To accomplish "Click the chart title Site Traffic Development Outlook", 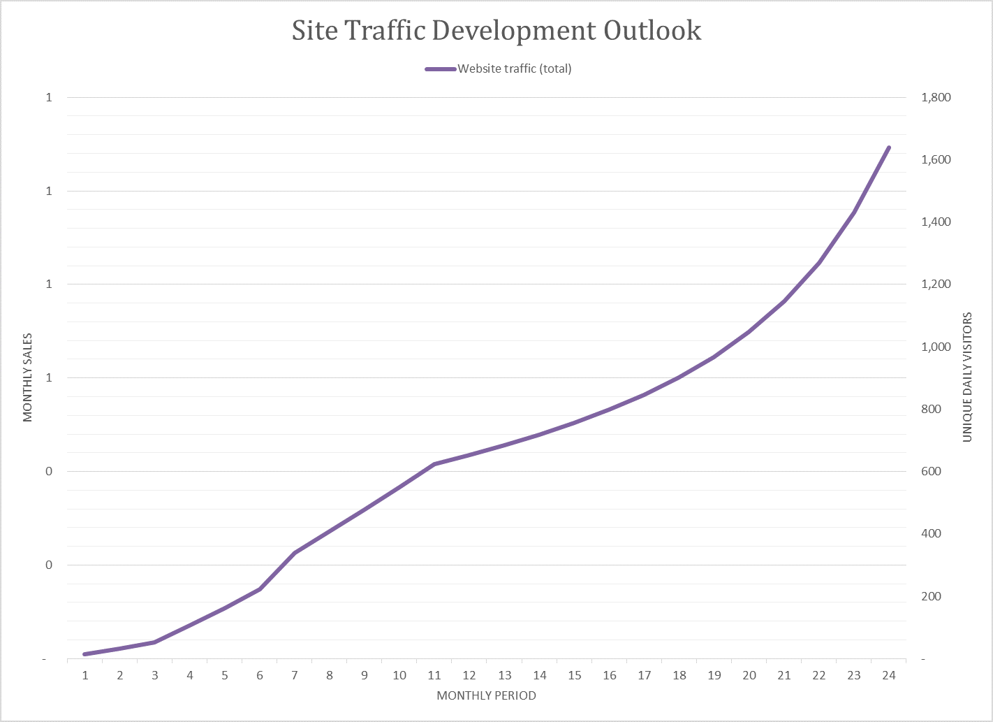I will click(x=496, y=31).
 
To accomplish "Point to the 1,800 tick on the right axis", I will click(x=936, y=97).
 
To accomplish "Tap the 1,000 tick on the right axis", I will click(x=936, y=347).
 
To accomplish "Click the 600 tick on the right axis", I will click(x=931, y=471).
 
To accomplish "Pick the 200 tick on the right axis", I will click(x=931, y=596).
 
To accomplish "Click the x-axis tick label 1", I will click(x=85, y=675).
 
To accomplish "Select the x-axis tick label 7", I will click(x=295, y=675).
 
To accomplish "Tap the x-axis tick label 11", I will click(x=434, y=675).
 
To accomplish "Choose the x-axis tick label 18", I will click(x=679, y=675).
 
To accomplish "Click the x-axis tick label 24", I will click(x=888, y=675).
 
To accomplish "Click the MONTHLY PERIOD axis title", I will click(x=486, y=695).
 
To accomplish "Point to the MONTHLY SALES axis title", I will click(x=28, y=378).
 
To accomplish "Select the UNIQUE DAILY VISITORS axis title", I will click(x=967, y=377).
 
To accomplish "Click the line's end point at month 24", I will click(x=888, y=147).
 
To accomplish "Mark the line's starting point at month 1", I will click(x=85, y=654).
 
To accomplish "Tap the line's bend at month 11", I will click(x=434, y=464).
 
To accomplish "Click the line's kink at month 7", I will click(x=295, y=553).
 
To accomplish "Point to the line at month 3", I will click(x=155, y=642).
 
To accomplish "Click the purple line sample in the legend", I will click(x=441, y=68).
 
